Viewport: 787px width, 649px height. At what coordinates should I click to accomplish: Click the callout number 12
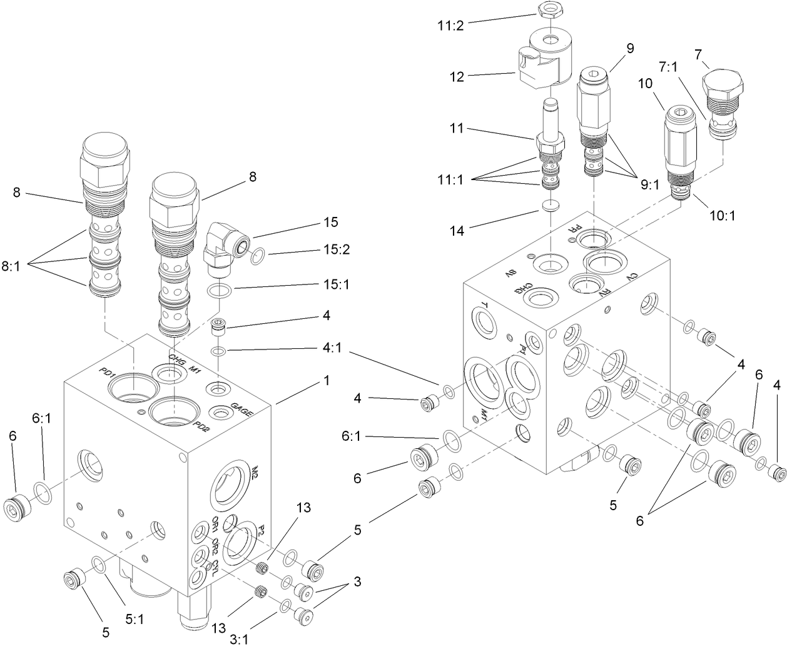pos(457,77)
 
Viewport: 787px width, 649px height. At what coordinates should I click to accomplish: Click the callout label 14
pos(457,231)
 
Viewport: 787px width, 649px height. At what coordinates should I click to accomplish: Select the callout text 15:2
pos(337,251)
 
